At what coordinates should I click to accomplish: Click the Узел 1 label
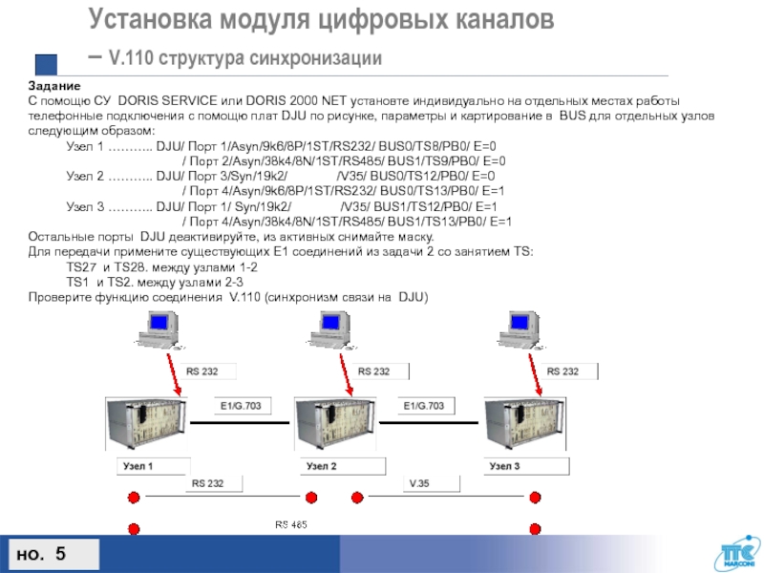[142, 466]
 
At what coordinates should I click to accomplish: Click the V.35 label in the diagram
[420, 483]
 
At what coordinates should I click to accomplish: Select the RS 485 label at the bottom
[291, 526]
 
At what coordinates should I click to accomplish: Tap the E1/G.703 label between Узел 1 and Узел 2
[239, 405]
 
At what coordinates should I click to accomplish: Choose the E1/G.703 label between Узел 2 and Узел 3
[423, 405]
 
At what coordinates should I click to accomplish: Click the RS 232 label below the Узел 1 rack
[207, 483]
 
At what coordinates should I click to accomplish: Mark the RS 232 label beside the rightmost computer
[562, 371]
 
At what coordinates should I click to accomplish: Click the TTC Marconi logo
[734, 553]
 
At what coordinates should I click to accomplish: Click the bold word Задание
[49, 87]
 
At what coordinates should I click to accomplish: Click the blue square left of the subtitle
[46, 64]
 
